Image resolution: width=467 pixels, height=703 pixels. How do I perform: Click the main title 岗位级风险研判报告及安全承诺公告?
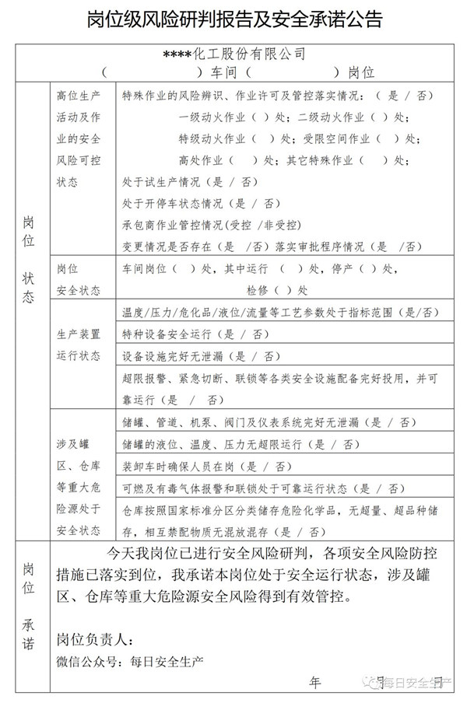(233, 19)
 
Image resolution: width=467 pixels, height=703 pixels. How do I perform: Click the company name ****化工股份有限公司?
(233, 55)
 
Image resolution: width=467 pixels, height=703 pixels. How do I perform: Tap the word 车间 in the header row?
(226, 73)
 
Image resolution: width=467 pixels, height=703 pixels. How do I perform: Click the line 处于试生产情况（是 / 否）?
(191, 183)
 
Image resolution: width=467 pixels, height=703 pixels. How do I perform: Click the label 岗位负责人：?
(96, 640)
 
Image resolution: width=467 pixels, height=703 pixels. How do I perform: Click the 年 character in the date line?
(315, 682)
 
